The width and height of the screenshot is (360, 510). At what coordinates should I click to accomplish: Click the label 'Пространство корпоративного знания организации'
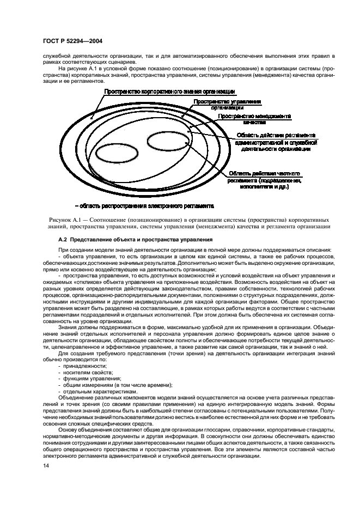(169, 91)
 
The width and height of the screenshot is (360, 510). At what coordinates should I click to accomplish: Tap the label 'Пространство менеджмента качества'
(254, 119)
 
